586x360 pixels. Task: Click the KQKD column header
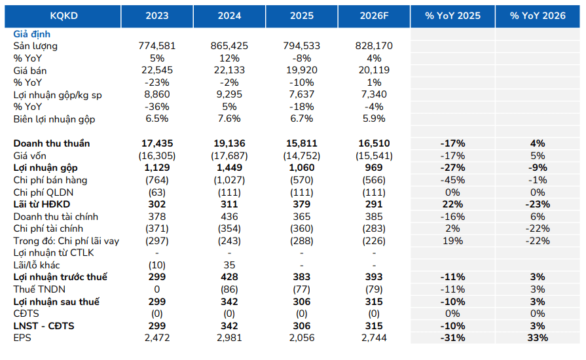[x=64, y=16]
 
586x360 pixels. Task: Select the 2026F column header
[x=374, y=16]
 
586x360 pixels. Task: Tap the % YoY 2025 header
[x=452, y=16]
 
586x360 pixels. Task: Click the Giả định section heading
[x=32, y=34]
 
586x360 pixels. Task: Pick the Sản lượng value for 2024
[x=229, y=46]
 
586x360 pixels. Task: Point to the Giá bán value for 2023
[x=157, y=70]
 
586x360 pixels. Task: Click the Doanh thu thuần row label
[x=52, y=143]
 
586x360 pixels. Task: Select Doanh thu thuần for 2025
[x=302, y=143]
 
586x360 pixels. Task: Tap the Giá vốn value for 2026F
[x=374, y=156]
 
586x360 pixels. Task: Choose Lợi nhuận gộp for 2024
[x=229, y=168]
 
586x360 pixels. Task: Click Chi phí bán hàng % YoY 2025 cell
[x=452, y=180]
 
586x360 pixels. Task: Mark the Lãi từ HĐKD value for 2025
[x=302, y=204]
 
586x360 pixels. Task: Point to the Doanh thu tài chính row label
[x=56, y=217]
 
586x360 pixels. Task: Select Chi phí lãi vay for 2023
[x=157, y=241]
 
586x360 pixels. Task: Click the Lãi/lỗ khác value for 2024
[x=229, y=265]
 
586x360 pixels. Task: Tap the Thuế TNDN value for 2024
[x=229, y=289]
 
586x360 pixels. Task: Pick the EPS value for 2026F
[x=374, y=338]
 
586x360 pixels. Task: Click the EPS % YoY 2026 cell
[x=538, y=338]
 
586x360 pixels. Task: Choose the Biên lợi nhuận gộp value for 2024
[x=229, y=118]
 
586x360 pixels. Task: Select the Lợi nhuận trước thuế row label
[x=60, y=277]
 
